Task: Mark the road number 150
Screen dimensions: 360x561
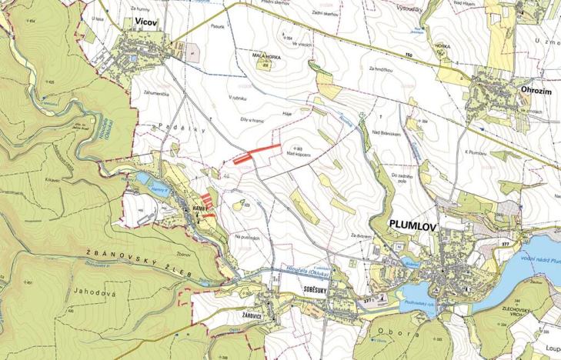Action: (409, 56)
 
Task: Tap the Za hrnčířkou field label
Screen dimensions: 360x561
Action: (380, 69)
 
